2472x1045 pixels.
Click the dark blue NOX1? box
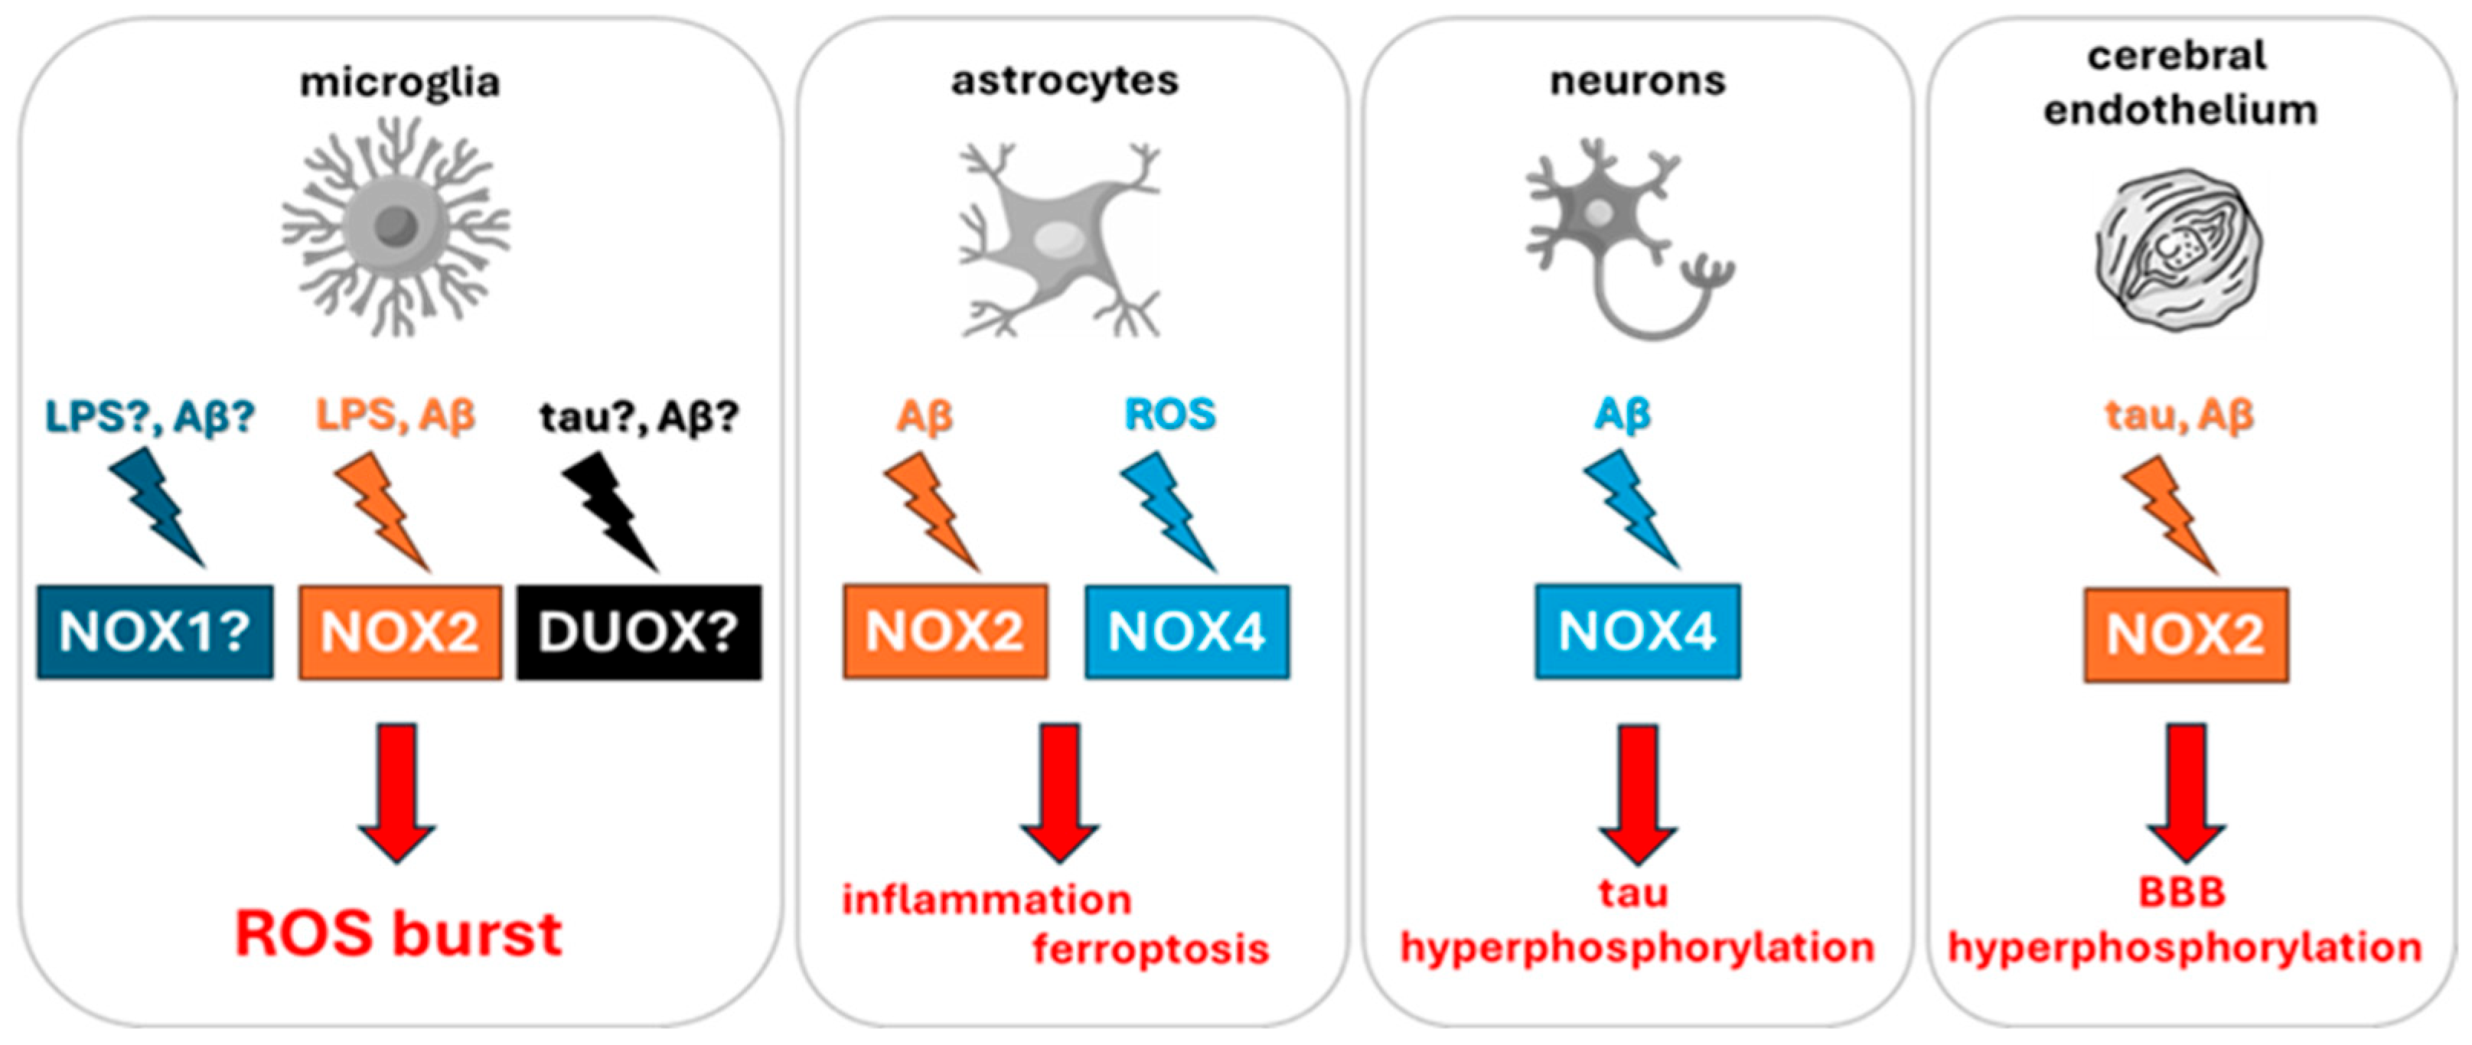(155, 633)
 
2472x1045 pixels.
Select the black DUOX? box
(639, 633)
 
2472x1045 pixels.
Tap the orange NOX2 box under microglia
(400, 633)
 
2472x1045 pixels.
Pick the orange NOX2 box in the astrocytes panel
(945, 630)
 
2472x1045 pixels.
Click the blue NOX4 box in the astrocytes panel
(1187, 630)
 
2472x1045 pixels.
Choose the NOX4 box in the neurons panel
(1637, 630)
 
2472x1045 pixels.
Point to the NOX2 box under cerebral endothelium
(2185, 634)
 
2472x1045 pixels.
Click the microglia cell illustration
(396, 227)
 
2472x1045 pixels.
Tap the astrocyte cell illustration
(1061, 240)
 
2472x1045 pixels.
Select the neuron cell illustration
(1622, 235)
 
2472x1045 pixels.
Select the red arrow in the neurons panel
(1637, 792)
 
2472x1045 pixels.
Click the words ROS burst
(398, 933)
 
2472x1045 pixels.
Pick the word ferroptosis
(1150, 949)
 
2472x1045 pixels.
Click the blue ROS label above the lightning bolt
(1169, 415)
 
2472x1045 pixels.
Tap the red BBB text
(2181, 893)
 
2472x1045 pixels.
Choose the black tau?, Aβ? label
(639, 416)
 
